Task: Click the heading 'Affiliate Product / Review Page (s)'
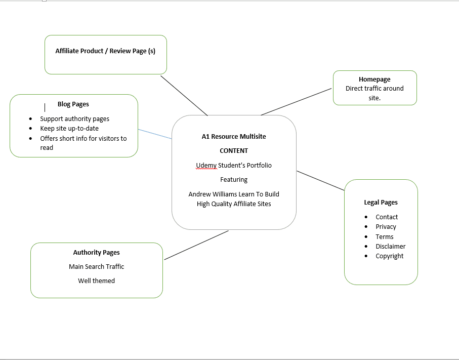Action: click(105, 51)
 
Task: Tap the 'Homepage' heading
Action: click(374, 79)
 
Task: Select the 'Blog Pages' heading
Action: click(73, 104)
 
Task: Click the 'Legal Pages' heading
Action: click(381, 203)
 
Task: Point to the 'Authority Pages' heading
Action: click(96, 252)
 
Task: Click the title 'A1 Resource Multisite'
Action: click(233, 137)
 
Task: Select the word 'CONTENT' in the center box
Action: click(234, 151)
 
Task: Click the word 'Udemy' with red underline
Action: click(206, 166)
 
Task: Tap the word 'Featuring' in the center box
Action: click(234, 180)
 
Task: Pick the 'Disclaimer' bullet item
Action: click(390, 247)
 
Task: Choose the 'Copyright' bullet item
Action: click(389, 256)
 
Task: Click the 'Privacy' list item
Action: click(386, 227)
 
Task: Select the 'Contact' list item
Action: click(387, 217)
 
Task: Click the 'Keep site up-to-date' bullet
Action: click(69, 129)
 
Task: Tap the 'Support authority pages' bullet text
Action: click(74, 119)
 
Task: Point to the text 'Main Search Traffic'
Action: click(96, 267)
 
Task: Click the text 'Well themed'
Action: click(96, 281)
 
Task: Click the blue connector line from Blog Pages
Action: click(155, 134)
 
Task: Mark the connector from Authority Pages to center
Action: click(196, 246)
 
